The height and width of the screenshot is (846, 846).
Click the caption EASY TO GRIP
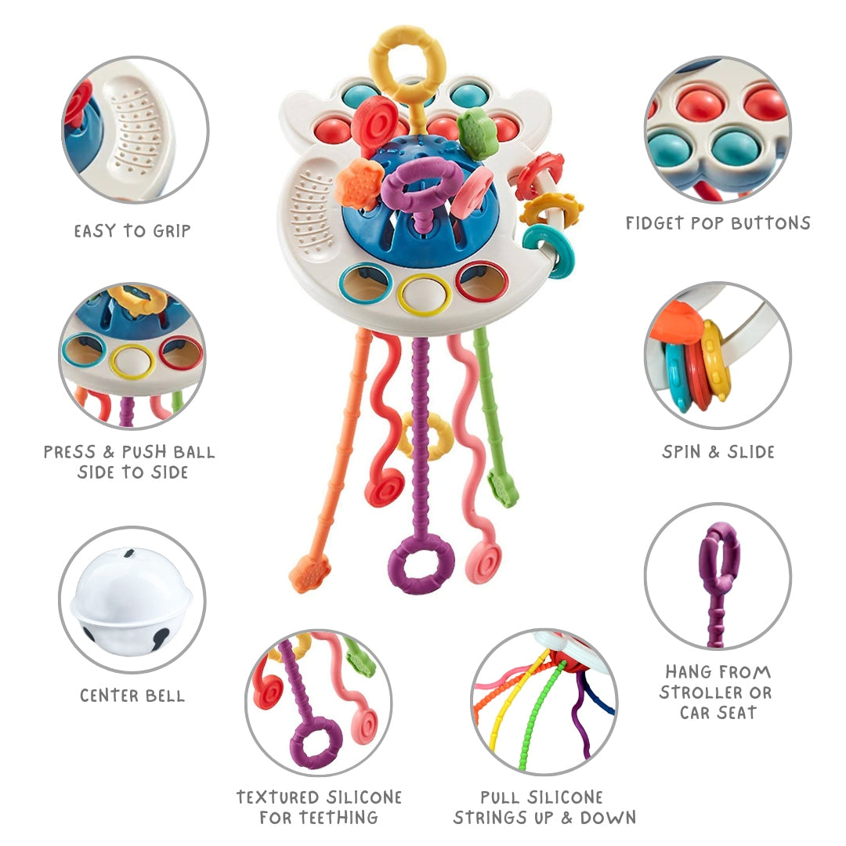(x=132, y=231)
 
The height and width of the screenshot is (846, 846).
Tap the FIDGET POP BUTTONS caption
(x=718, y=223)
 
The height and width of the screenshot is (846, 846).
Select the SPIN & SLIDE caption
(x=718, y=452)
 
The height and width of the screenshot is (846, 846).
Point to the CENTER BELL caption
(x=132, y=695)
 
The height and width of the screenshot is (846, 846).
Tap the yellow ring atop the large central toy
(x=407, y=63)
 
